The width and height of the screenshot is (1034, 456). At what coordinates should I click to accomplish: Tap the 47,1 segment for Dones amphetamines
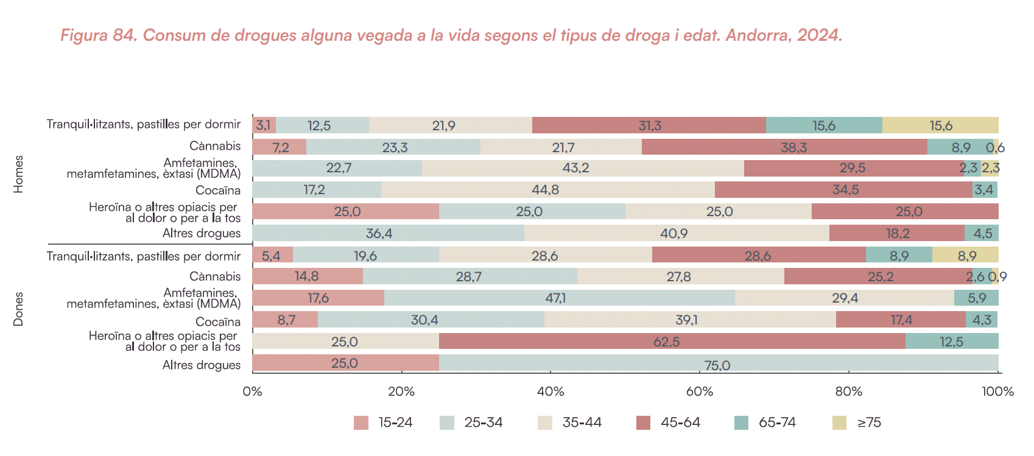559,298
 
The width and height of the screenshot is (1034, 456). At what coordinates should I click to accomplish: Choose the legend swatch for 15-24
361,423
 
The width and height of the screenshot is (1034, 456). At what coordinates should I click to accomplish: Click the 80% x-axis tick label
848,391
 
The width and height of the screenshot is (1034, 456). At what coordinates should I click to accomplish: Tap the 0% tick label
252,391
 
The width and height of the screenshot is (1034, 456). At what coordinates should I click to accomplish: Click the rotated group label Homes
19,175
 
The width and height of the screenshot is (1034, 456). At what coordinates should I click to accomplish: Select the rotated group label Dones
19,309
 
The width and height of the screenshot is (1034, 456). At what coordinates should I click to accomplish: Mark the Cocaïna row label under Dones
218,321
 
